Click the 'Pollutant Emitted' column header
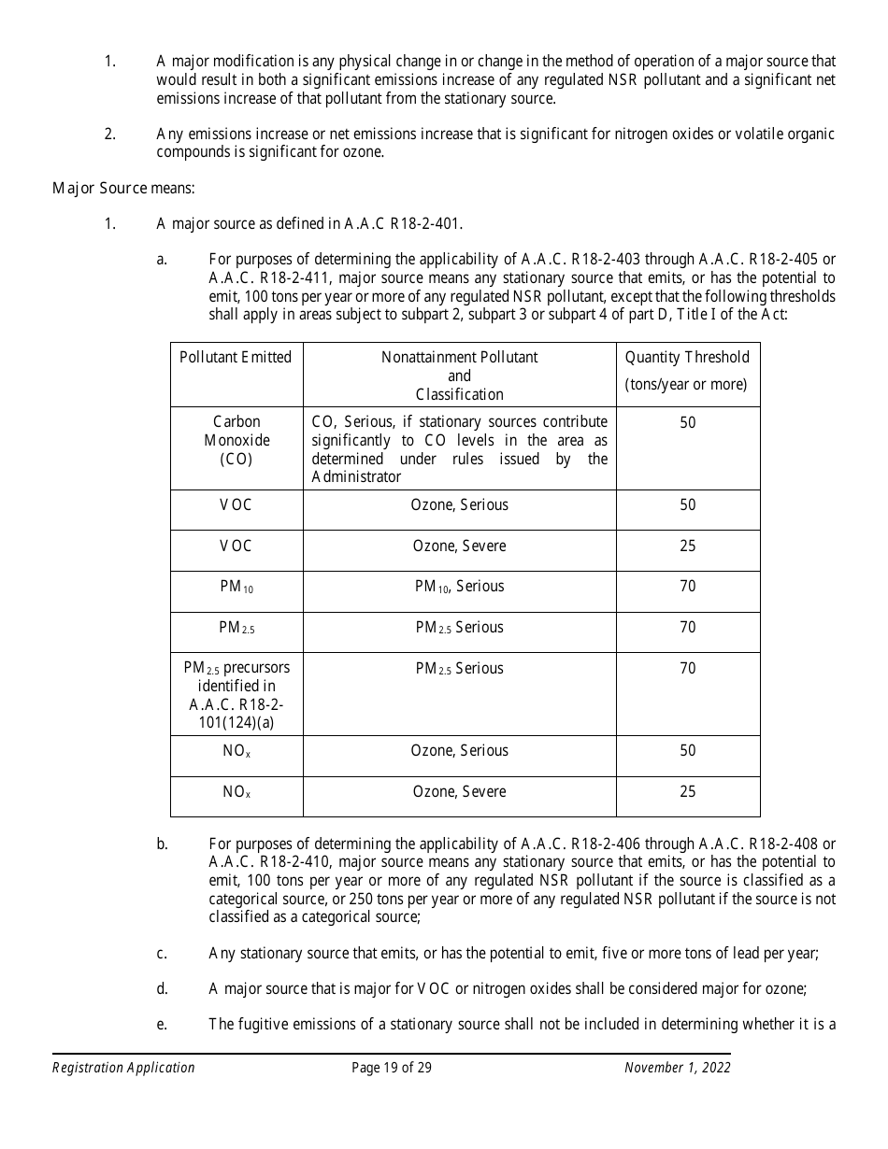(236, 357)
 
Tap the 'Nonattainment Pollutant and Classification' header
(459, 376)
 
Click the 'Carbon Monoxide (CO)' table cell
(236, 440)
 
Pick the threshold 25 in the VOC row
(687, 546)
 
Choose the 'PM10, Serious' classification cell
(459, 587)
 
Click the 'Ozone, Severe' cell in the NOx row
(459, 791)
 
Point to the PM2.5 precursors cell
(236, 695)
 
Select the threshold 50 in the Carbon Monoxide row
(687, 422)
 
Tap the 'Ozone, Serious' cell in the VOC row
(459, 504)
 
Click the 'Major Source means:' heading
(123, 188)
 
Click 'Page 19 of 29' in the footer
(392, 1068)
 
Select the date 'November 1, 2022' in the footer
(677, 1068)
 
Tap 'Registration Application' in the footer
(123, 1068)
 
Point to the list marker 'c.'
(162, 953)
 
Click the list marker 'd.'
(162, 988)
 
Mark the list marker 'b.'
(162, 844)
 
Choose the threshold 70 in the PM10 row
(687, 587)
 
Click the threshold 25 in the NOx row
(687, 791)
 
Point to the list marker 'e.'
(162, 1024)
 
